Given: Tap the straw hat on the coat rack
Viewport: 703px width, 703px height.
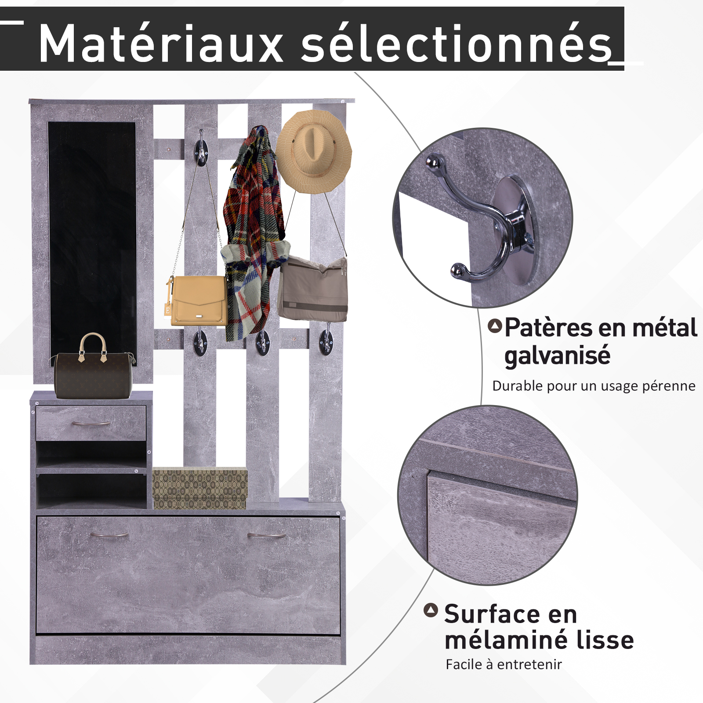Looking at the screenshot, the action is point(314,151).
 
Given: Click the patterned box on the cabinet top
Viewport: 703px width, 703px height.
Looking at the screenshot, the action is point(200,488).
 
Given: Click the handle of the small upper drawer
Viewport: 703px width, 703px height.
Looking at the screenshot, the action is point(91,424).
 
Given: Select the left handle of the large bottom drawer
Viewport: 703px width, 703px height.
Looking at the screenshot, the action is point(109,535).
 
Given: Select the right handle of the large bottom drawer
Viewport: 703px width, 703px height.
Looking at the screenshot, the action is point(266,535).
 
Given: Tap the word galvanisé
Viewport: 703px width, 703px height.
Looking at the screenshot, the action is point(557,355).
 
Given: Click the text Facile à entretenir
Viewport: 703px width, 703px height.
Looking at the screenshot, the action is point(504,664).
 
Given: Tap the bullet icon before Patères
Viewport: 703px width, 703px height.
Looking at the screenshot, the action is point(495,326).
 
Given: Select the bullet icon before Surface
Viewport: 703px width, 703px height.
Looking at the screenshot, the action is point(431,610).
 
